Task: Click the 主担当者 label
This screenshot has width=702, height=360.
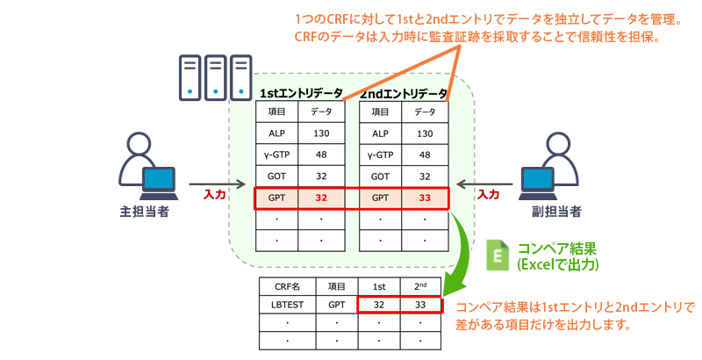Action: click(x=143, y=212)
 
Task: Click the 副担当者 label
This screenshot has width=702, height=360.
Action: click(x=558, y=212)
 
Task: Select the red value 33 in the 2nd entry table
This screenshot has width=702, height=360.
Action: click(x=425, y=198)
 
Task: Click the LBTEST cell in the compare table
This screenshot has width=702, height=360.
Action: click(x=287, y=306)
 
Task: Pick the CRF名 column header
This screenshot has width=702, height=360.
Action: click(x=287, y=285)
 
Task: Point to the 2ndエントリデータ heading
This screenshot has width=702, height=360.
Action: click(x=405, y=93)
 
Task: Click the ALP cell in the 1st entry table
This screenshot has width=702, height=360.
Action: click(x=277, y=133)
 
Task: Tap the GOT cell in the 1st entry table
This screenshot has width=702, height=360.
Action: click(x=277, y=176)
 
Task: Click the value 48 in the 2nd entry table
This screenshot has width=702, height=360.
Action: click(x=425, y=155)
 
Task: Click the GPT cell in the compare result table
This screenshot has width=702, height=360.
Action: click(x=337, y=306)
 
